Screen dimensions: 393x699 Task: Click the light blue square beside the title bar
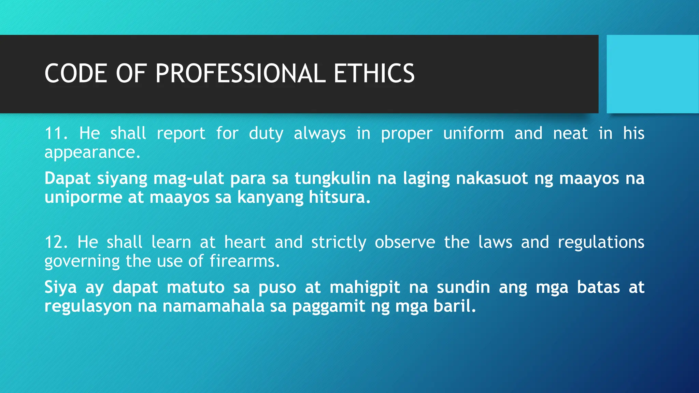(652, 74)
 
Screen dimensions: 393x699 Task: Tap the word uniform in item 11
(473, 133)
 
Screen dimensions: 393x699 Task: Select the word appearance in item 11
(92, 152)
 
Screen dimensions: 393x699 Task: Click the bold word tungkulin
(332, 178)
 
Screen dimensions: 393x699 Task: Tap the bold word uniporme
(83, 198)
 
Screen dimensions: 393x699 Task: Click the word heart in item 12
(245, 242)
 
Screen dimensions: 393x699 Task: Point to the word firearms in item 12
(244, 261)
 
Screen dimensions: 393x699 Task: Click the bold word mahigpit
(365, 288)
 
